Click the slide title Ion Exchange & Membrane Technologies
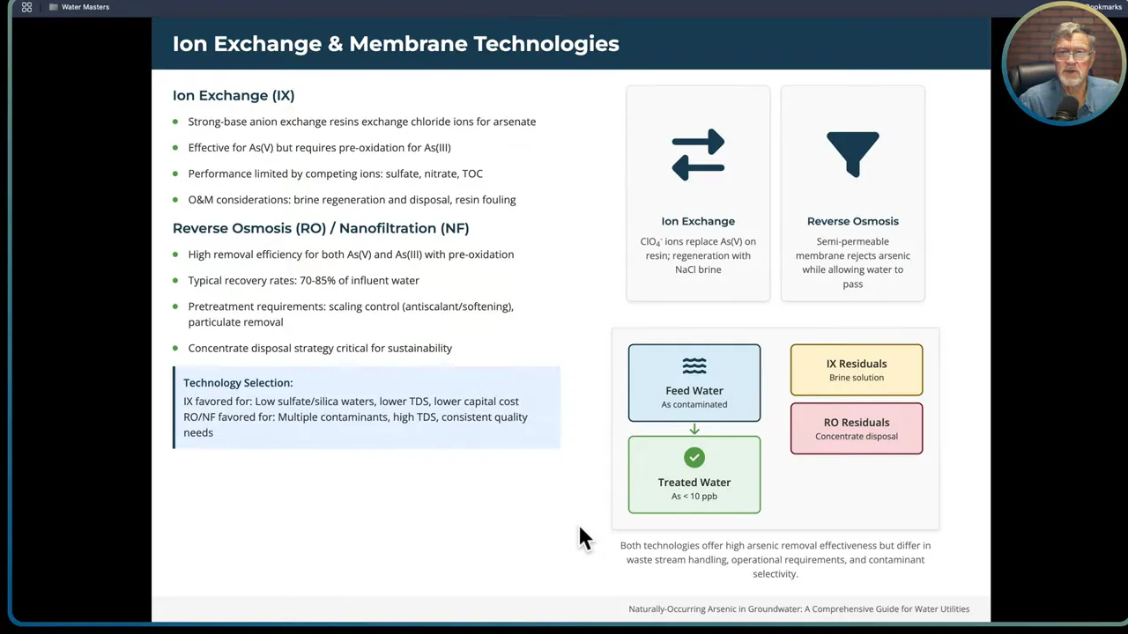pyautogui.click(x=396, y=44)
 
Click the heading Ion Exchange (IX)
pyautogui.click(x=234, y=95)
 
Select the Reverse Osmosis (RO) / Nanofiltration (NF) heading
pyautogui.click(x=321, y=228)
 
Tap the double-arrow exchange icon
pyautogui.click(x=698, y=155)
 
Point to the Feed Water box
pyautogui.click(x=694, y=383)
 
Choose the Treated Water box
pyautogui.click(x=694, y=475)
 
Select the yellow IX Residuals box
pyautogui.click(x=857, y=370)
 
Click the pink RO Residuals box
pyautogui.click(x=857, y=429)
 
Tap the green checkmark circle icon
pyautogui.click(x=694, y=457)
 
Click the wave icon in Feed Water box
pyautogui.click(x=694, y=365)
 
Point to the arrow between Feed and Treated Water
pyautogui.click(x=694, y=429)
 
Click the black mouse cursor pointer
pyautogui.click(x=585, y=537)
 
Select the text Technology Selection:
pyautogui.click(x=238, y=383)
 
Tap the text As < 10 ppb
pyautogui.click(x=694, y=497)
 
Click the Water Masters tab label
pyautogui.click(x=85, y=7)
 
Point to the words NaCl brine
pyautogui.click(x=698, y=269)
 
